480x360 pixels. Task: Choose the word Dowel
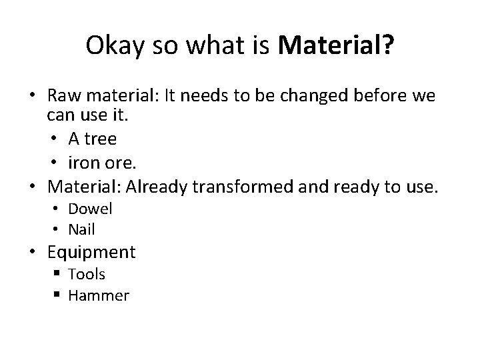pos(91,209)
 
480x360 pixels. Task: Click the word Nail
pos(82,229)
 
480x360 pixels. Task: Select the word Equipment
pos(91,252)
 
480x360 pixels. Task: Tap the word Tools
pos(87,274)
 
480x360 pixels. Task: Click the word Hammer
pos(98,295)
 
